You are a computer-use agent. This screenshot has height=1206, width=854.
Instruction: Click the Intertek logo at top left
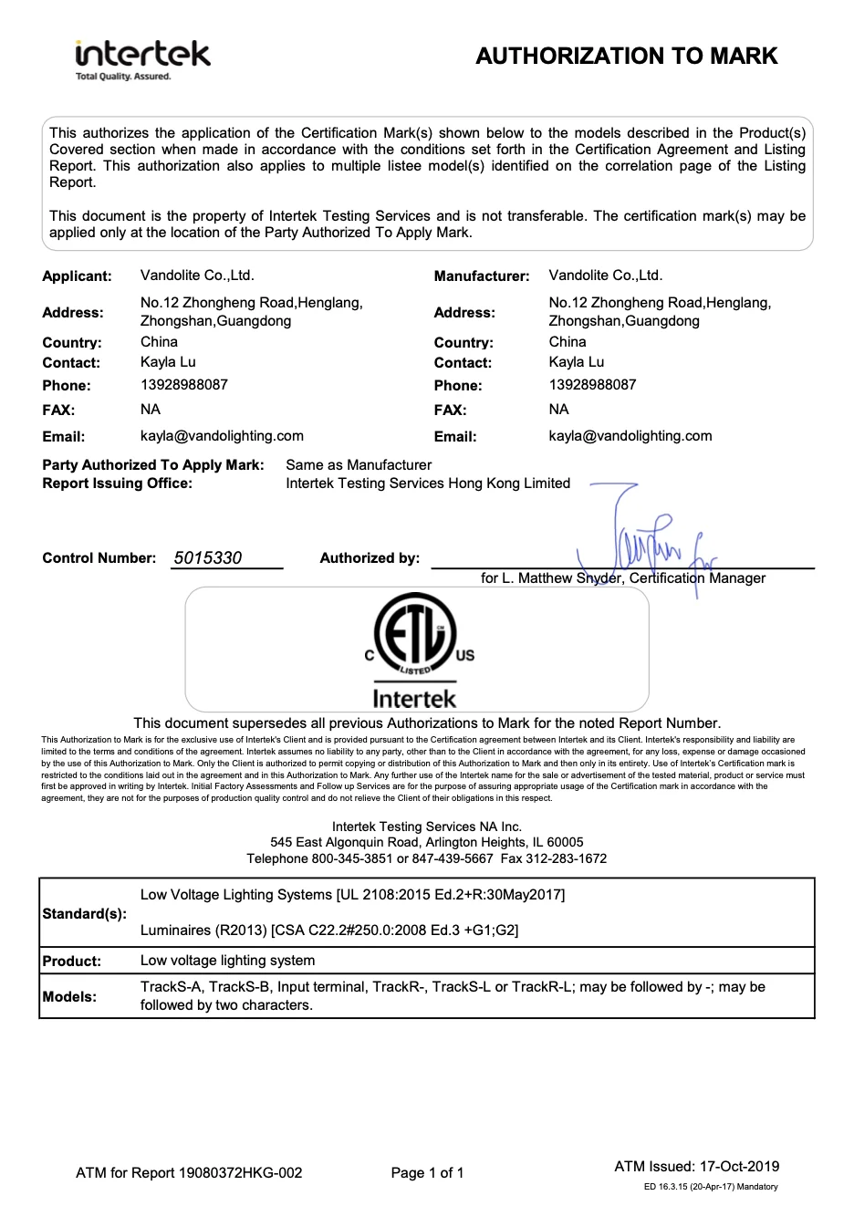click(x=142, y=58)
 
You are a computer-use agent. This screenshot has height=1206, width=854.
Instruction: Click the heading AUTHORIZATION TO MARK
click(x=626, y=57)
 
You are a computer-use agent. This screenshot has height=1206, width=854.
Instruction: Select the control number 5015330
click(x=208, y=558)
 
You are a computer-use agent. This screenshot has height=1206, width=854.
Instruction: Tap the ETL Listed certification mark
click(x=415, y=649)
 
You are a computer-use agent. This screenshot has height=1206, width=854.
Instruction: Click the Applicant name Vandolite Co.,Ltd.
click(x=197, y=276)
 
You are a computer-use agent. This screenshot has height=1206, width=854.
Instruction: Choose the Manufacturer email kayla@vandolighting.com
click(x=630, y=436)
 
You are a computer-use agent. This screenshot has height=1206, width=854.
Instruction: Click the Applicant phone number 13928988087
click(x=184, y=385)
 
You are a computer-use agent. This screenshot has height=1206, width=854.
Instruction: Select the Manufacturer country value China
click(x=568, y=342)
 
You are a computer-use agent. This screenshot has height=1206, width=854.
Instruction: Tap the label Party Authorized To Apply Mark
click(x=153, y=465)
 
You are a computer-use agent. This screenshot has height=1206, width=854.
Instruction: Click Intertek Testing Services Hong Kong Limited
click(x=428, y=483)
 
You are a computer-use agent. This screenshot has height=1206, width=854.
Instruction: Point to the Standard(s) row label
click(x=85, y=913)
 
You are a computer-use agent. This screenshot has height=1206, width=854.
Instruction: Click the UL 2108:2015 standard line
click(x=352, y=895)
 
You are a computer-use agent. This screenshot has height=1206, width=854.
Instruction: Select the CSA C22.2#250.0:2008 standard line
click(x=329, y=930)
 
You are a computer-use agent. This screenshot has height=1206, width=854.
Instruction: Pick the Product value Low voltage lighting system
click(x=228, y=961)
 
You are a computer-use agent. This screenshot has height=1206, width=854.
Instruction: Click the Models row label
click(x=69, y=997)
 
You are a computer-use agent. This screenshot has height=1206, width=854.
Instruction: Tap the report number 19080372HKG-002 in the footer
click(x=241, y=1173)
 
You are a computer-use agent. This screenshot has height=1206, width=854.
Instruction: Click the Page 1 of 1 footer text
click(x=427, y=1173)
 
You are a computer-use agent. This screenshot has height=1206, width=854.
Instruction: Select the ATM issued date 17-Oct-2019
click(x=739, y=1167)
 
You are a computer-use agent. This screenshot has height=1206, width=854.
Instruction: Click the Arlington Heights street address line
click(x=426, y=843)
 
